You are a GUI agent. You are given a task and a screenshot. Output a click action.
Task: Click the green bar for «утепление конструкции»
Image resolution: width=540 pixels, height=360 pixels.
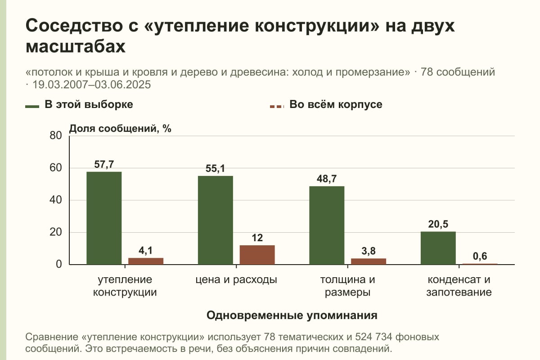[x=104, y=218]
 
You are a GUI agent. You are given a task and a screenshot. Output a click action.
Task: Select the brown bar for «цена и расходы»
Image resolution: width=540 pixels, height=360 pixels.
[x=257, y=255]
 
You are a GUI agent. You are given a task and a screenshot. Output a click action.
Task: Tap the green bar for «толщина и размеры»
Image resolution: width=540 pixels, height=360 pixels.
[x=327, y=225]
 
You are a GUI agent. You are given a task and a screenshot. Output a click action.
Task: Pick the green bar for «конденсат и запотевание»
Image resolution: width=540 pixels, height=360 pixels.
[x=438, y=248]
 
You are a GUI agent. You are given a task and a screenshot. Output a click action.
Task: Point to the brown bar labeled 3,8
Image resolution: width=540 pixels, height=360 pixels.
[x=369, y=261]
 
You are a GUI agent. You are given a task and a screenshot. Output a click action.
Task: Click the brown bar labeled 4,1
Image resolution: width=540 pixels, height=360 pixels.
[x=146, y=261]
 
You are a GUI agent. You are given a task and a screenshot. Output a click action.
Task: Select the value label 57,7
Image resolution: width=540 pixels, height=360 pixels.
[x=104, y=164]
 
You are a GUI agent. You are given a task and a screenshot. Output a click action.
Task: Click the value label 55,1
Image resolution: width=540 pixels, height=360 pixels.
[x=215, y=169]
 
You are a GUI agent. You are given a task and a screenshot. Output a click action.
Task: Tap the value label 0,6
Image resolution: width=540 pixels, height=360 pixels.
[x=480, y=256]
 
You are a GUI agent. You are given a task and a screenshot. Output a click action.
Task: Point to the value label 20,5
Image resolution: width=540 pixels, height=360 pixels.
[x=438, y=224]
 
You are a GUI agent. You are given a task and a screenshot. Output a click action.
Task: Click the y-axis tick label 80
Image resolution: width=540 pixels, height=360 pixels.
[x=56, y=135]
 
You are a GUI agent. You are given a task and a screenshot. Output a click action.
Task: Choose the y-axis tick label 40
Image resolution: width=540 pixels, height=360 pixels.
[x=56, y=200]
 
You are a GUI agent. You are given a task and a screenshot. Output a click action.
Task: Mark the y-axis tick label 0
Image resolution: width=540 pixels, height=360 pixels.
[x=59, y=264]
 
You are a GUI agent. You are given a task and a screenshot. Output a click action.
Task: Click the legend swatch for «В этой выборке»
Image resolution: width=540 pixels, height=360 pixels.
[x=32, y=106]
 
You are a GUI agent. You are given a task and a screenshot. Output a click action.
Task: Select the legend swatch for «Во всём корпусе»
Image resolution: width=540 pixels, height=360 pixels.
[x=277, y=106]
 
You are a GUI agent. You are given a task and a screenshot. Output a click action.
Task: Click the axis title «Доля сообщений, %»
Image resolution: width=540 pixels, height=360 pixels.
[x=120, y=129]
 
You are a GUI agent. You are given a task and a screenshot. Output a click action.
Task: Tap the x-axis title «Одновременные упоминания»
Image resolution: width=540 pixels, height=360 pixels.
[x=292, y=315]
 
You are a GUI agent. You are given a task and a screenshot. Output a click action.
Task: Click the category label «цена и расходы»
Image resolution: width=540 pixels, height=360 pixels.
[x=236, y=280]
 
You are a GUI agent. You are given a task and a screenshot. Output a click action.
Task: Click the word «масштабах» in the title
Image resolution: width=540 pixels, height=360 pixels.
[x=76, y=46]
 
